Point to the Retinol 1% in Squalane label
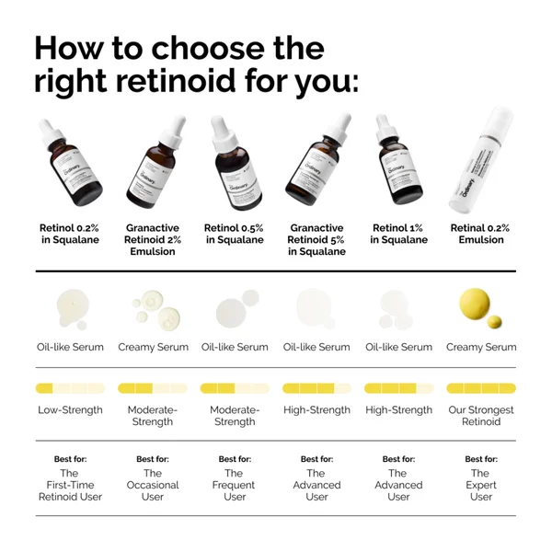pyautogui.click(x=398, y=234)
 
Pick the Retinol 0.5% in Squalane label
pyautogui.click(x=234, y=234)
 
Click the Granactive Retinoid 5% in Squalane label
pyautogui.click(x=316, y=239)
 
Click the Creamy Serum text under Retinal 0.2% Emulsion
pyautogui.click(x=480, y=347)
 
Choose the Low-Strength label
pyautogui.click(x=70, y=409)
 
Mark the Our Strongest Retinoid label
pyautogui.click(x=480, y=415)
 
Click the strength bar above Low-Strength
pyautogui.click(x=70, y=387)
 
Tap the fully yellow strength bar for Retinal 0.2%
pyautogui.click(x=480, y=387)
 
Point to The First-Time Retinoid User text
pyautogui.click(x=70, y=485)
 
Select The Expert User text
pyautogui.click(x=480, y=485)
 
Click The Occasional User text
pyautogui.click(x=153, y=485)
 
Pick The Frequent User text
pyautogui.click(x=234, y=485)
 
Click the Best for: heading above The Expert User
pyautogui.click(x=480, y=458)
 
